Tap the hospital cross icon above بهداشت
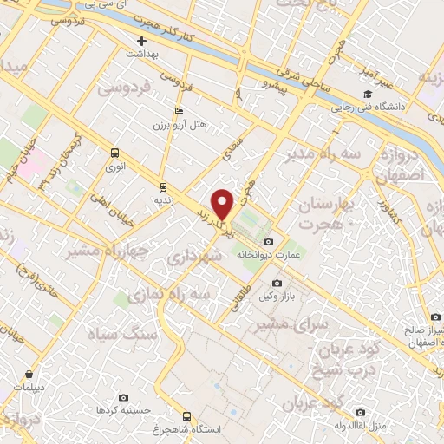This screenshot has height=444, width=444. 142,41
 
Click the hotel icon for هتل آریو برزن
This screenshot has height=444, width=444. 179,111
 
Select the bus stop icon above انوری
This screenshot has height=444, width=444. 114,152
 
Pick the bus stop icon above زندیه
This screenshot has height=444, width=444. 162,186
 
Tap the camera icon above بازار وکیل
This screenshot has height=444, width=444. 277,283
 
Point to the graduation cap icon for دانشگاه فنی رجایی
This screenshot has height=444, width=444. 368,94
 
